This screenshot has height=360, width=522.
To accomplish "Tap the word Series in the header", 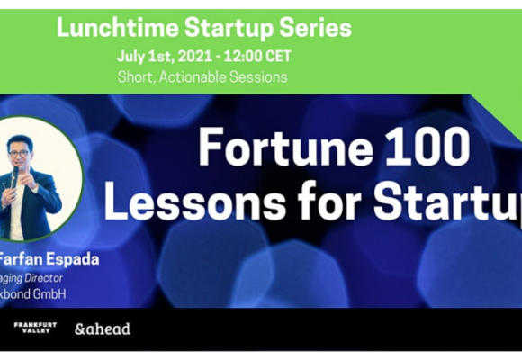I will (x=319, y=28).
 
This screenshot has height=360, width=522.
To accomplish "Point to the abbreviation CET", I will (x=279, y=57).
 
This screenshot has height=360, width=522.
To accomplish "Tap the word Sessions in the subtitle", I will (x=258, y=76).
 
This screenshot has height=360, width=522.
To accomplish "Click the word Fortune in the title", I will (x=266, y=147).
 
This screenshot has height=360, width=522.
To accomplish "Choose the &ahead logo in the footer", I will (x=102, y=328).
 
